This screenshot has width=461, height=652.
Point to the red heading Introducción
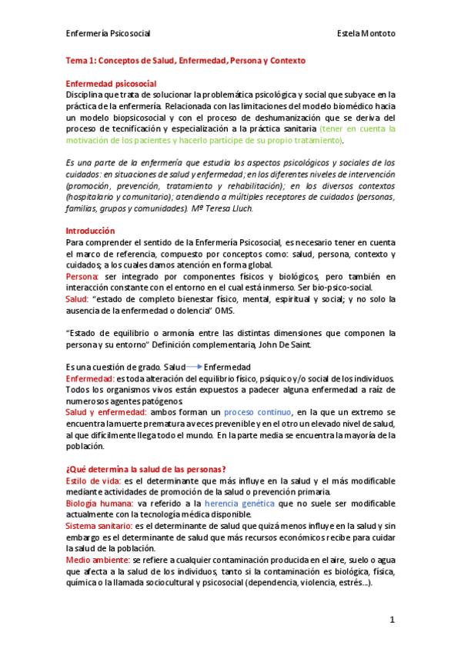(90, 231)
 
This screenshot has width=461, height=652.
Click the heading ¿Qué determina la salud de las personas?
(144, 469)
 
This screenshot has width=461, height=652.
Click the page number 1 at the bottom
(392, 619)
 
